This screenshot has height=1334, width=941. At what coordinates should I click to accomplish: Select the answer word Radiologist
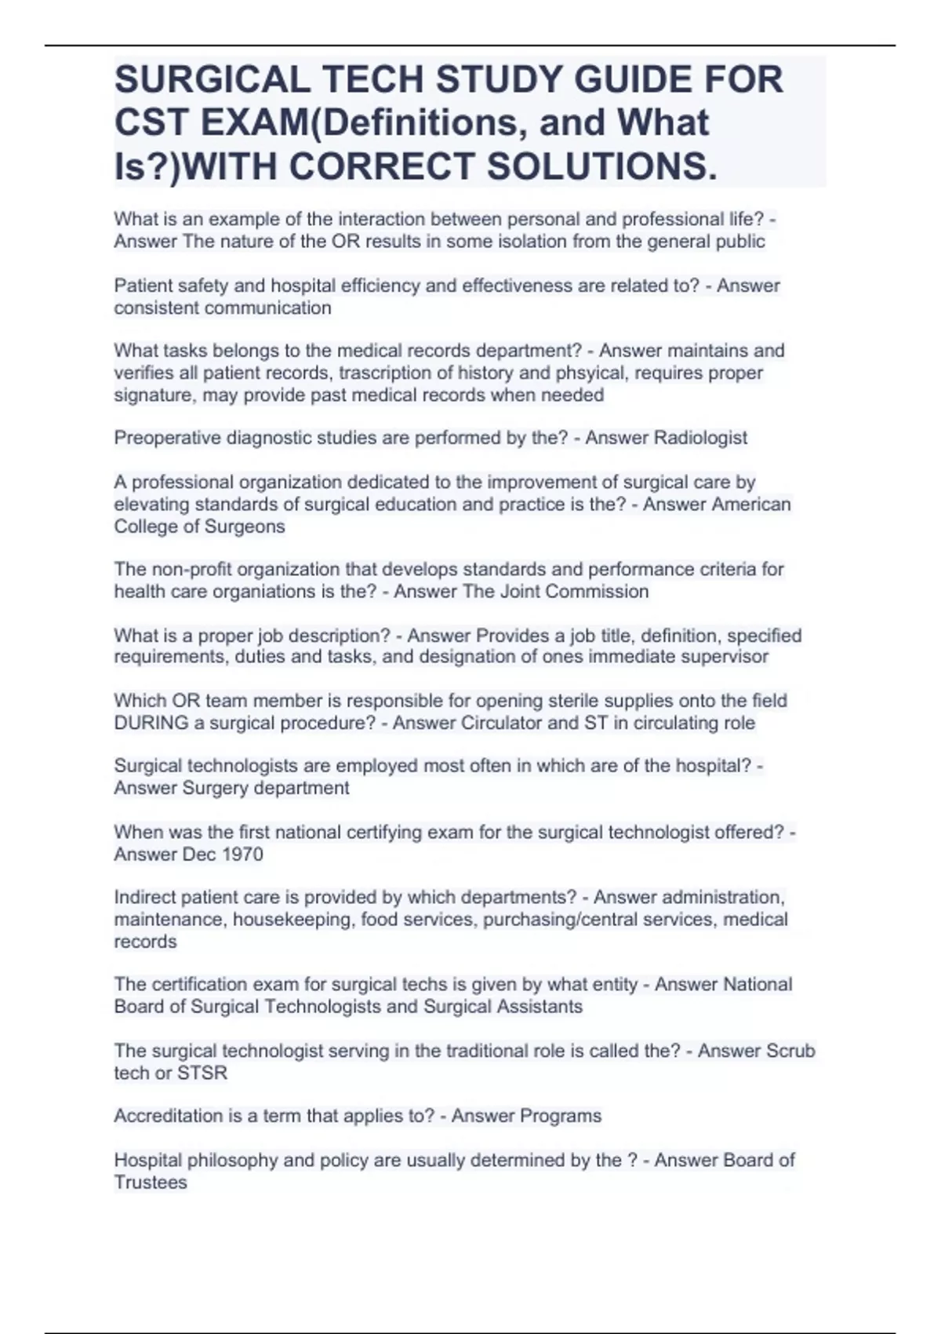point(700,438)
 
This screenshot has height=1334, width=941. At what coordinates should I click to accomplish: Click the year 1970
point(242,854)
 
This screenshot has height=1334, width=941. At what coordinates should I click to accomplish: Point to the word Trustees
point(151,1183)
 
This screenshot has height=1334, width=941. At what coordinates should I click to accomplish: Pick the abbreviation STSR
point(202,1073)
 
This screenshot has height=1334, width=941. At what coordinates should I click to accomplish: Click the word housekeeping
point(292,919)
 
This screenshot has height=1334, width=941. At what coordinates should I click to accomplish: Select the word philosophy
point(222,1161)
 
